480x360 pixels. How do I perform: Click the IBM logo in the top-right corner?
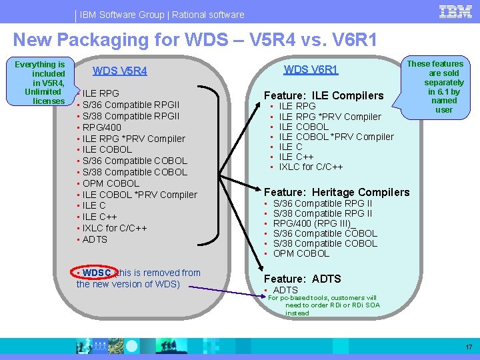click(456, 13)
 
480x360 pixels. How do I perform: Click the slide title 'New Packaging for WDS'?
click(195, 40)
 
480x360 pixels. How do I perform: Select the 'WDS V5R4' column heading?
click(120, 71)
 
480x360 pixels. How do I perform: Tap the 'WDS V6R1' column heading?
click(311, 69)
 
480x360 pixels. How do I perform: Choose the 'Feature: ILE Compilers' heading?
click(324, 95)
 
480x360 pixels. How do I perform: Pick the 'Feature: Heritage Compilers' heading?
click(337, 192)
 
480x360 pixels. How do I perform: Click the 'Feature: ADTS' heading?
click(303, 279)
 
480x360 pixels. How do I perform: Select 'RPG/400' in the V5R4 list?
click(101, 127)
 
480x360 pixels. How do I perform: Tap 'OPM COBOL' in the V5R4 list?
click(111, 183)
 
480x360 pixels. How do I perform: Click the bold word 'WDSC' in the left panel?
click(97, 273)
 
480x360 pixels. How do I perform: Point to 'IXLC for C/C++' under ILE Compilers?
click(311, 167)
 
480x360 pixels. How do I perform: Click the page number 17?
click(469, 347)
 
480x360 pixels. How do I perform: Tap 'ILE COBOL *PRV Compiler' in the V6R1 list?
click(336, 137)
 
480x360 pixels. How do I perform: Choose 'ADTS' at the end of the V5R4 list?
click(95, 239)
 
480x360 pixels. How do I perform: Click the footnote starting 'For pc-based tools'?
click(323, 305)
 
